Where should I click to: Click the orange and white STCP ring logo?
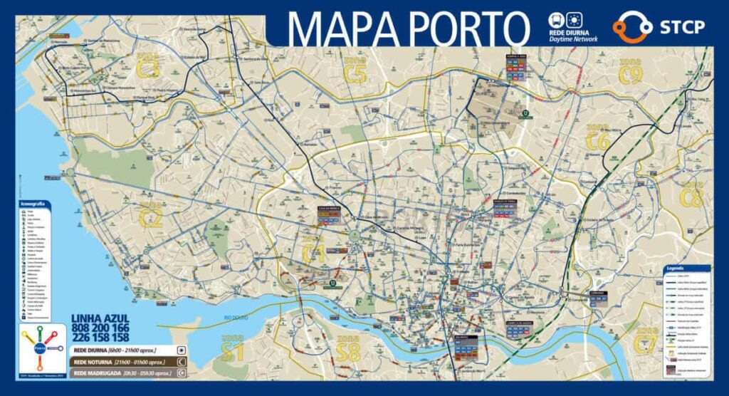(632, 27)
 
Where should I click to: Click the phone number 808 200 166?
(100, 328)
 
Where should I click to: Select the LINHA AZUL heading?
(100, 318)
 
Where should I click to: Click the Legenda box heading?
(676, 269)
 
